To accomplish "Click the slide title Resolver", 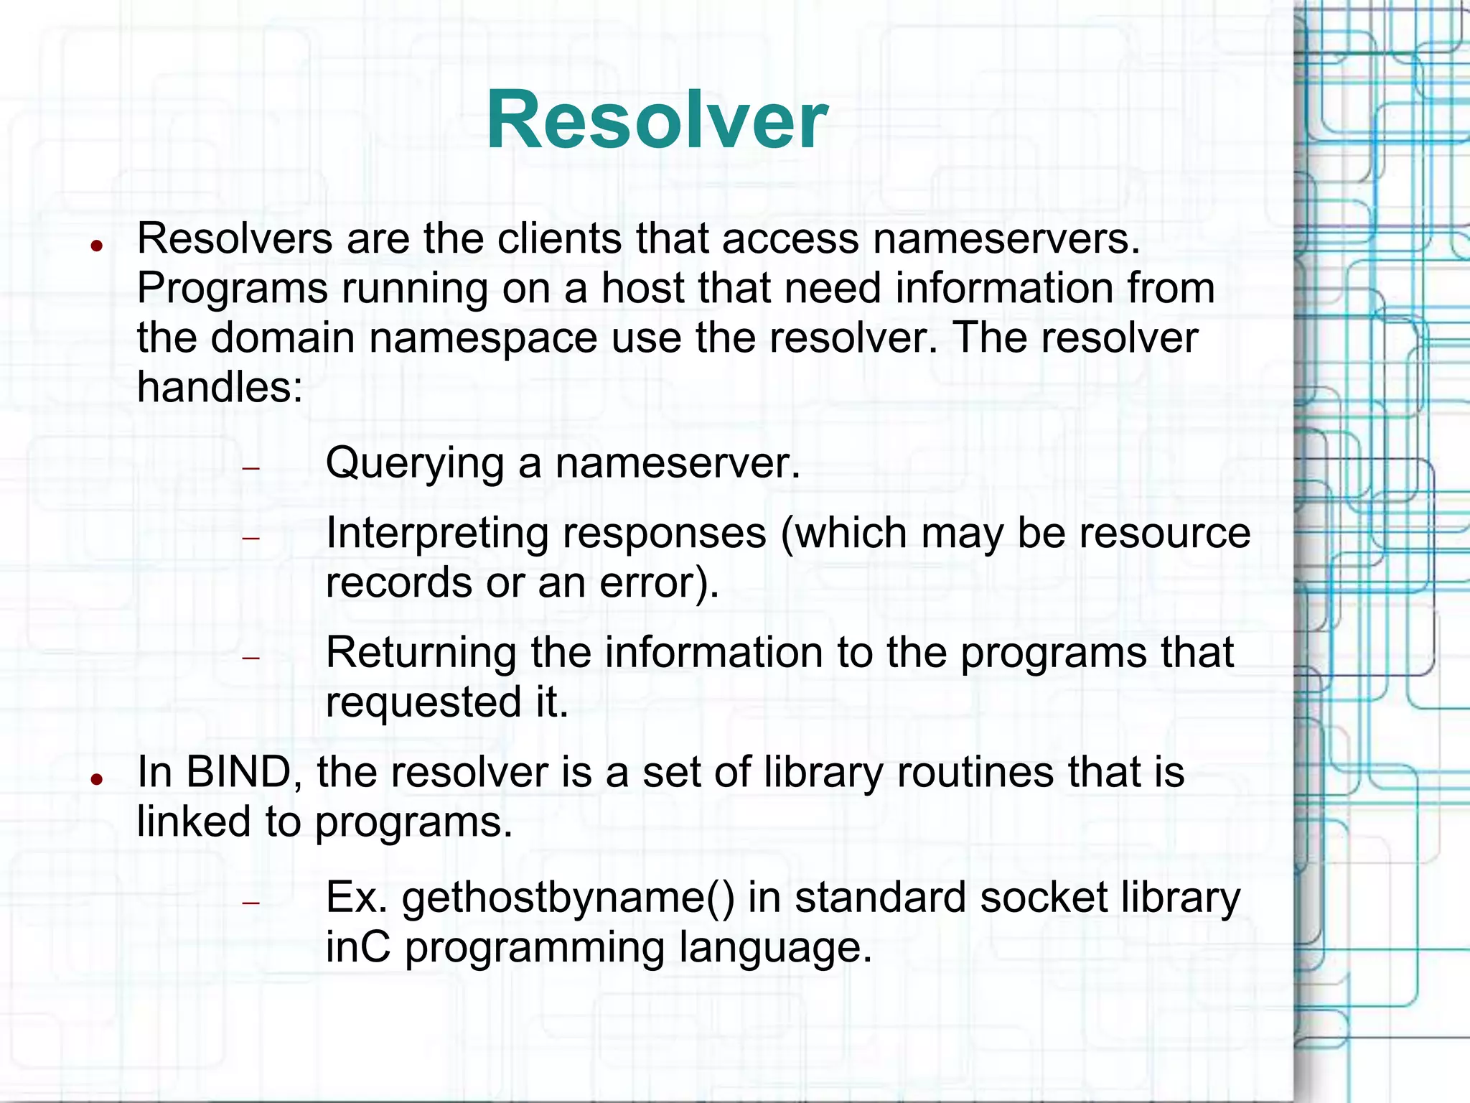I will click(x=657, y=120).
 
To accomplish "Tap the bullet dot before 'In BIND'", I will click(x=96, y=780).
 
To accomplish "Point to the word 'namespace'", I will click(x=483, y=338).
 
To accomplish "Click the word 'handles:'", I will click(x=220, y=387).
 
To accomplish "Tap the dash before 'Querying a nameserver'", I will click(x=250, y=469).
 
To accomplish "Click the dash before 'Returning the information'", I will click(x=250, y=658).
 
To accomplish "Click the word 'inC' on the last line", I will click(x=357, y=947).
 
